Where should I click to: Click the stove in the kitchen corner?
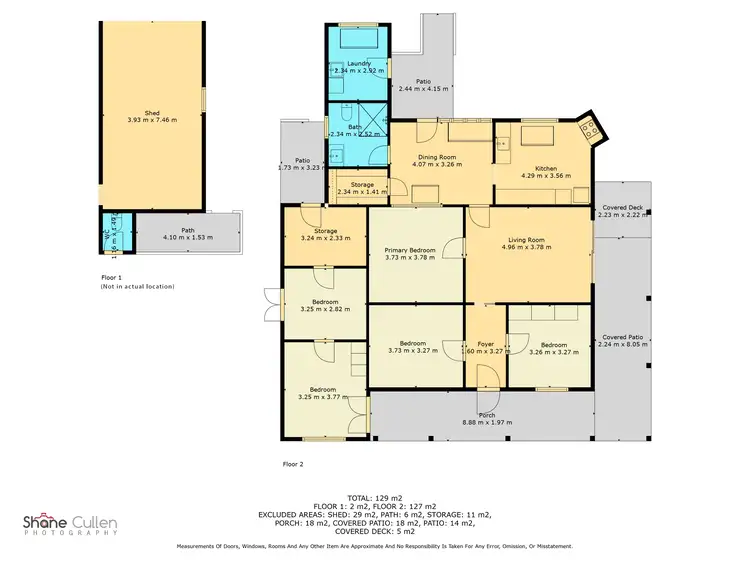[588, 129]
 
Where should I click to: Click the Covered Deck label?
[621, 210]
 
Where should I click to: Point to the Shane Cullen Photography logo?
[70, 523]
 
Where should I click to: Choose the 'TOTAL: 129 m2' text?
[375, 497]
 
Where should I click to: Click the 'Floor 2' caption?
[293, 464]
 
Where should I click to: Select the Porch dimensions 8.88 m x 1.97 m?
[486, 423]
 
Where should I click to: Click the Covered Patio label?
[621, 338]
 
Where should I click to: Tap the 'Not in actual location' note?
[137, 286]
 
